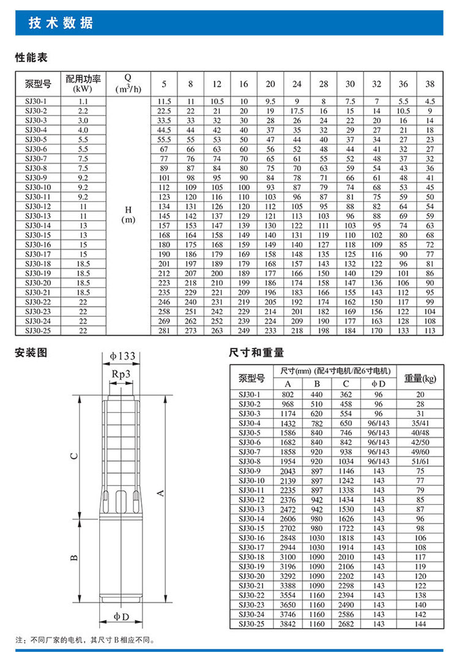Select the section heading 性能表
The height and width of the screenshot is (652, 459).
31,58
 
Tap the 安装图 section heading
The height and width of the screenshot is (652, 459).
31,353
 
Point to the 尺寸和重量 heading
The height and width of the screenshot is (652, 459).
256,353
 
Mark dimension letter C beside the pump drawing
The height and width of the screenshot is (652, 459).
73,456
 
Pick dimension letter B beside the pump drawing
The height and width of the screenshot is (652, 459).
73,557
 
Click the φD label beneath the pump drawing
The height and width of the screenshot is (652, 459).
122,614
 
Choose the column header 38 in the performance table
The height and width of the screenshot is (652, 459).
430,84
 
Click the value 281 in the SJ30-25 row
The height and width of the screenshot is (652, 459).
163,330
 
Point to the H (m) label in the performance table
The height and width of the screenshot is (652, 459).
127,214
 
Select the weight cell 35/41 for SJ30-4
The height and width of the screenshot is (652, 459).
420,423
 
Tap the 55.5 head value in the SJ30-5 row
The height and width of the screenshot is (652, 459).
163,139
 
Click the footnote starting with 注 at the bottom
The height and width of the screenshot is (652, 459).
86,640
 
